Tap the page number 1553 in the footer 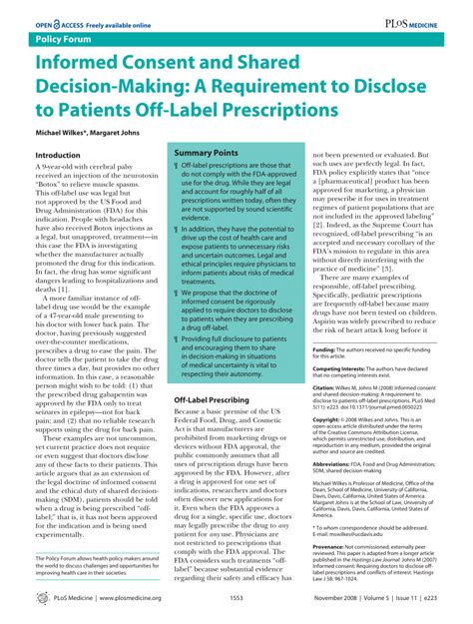236,598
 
